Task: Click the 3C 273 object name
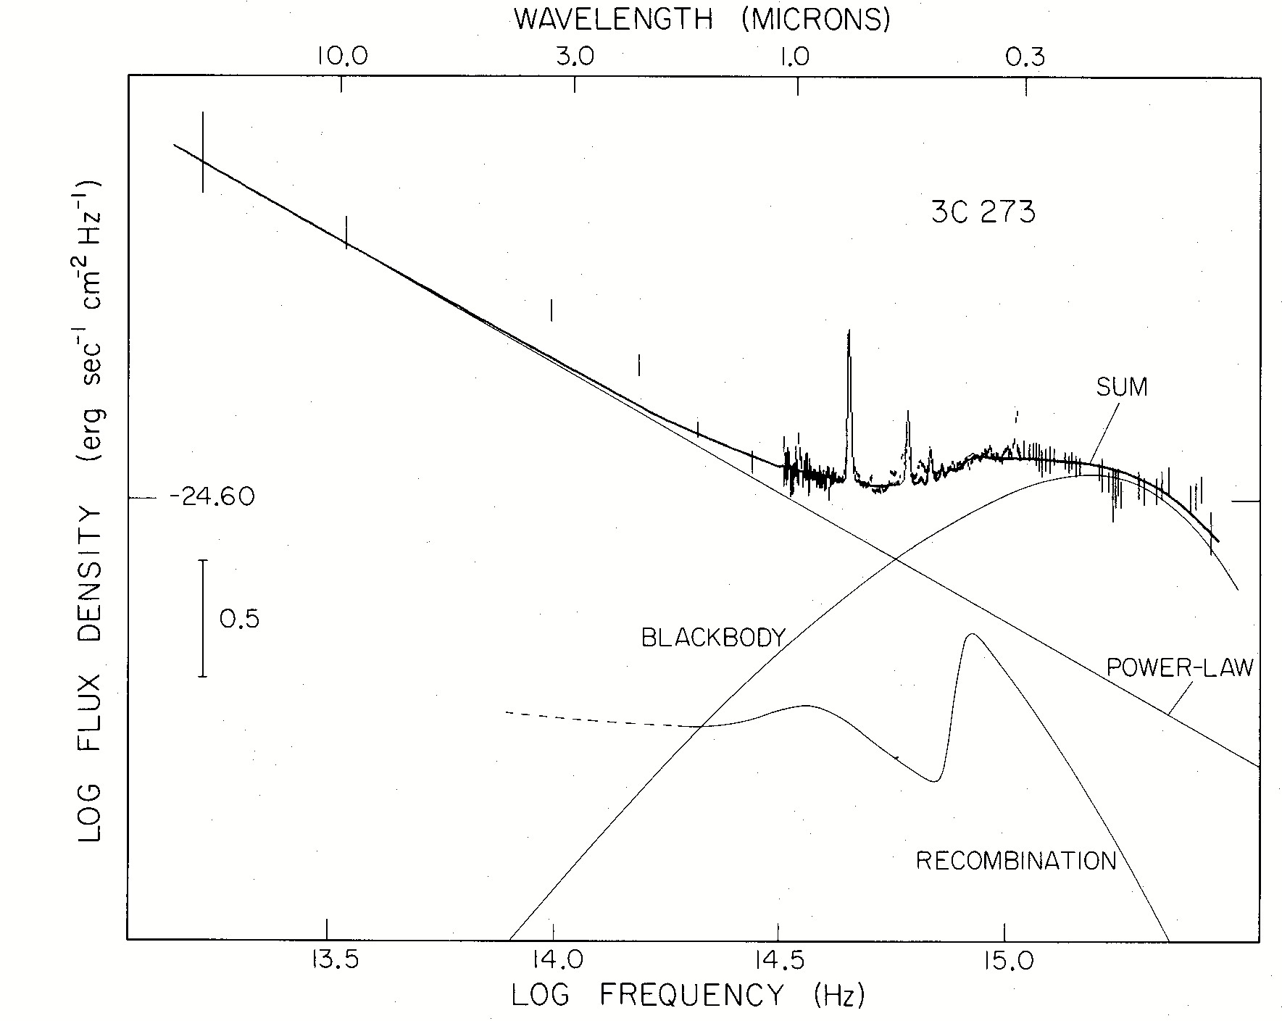click(x=983, y=212)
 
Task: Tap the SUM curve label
click(x=1122, y=388)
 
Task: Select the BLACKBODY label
click(x=713, y=638)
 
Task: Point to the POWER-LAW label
click(x=1180, y=667)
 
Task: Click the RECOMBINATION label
click(x=1016, y=861)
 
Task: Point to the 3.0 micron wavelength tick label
click(x=575, y=57)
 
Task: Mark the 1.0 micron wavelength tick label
click(x=798, y=57)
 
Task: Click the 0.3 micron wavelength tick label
click(x=1025, y=57)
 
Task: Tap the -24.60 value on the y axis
click(x=212, y=499)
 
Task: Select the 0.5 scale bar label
click(x=239, y=620)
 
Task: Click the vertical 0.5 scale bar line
click(x=203, y=618)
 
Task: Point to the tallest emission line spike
click(x=849, y=333)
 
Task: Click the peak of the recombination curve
click(x=971, y=635)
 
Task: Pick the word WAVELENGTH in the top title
click(x=614, y=20)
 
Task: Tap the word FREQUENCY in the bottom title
click(x=691, y=996)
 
